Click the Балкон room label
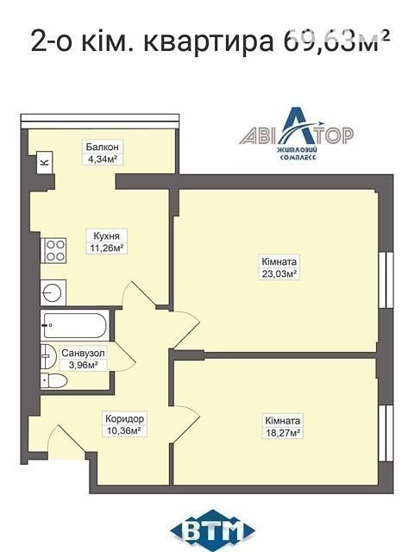pyautogui.click(x=102, y=147)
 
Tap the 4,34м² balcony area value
pyautogui.click(x=102, y=159)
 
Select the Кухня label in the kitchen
pyautogui.click(x=106, y=235)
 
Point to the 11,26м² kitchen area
pyautogui.click(x=107, y=248)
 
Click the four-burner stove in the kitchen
pyautogui.click(x=53, y=251)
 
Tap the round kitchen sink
pyautogui.click(x=53, y=292)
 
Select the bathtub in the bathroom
pyautogui.click(x=74, y=325)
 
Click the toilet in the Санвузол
pyautogui.click(x=53, y=381)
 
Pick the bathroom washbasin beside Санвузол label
pyautogui.click(x=48, y=356)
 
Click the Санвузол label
pyautogui.click(x=83, y=353)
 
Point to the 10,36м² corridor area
pyautogui.click(x=123, y=430)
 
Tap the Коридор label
pyautogui.click(x=124, y=418)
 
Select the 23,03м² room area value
pyautogui.click(x=279, y=273)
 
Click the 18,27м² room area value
pyautogui.click(x=283, y=433)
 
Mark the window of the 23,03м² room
pyautogui.click(x=386, y=280)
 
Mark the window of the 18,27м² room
pyautogui.click(x=386, y=433)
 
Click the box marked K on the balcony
pyautogui.click(x=45, y=162)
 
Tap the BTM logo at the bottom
pyautogui.click(x=213, y=530)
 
